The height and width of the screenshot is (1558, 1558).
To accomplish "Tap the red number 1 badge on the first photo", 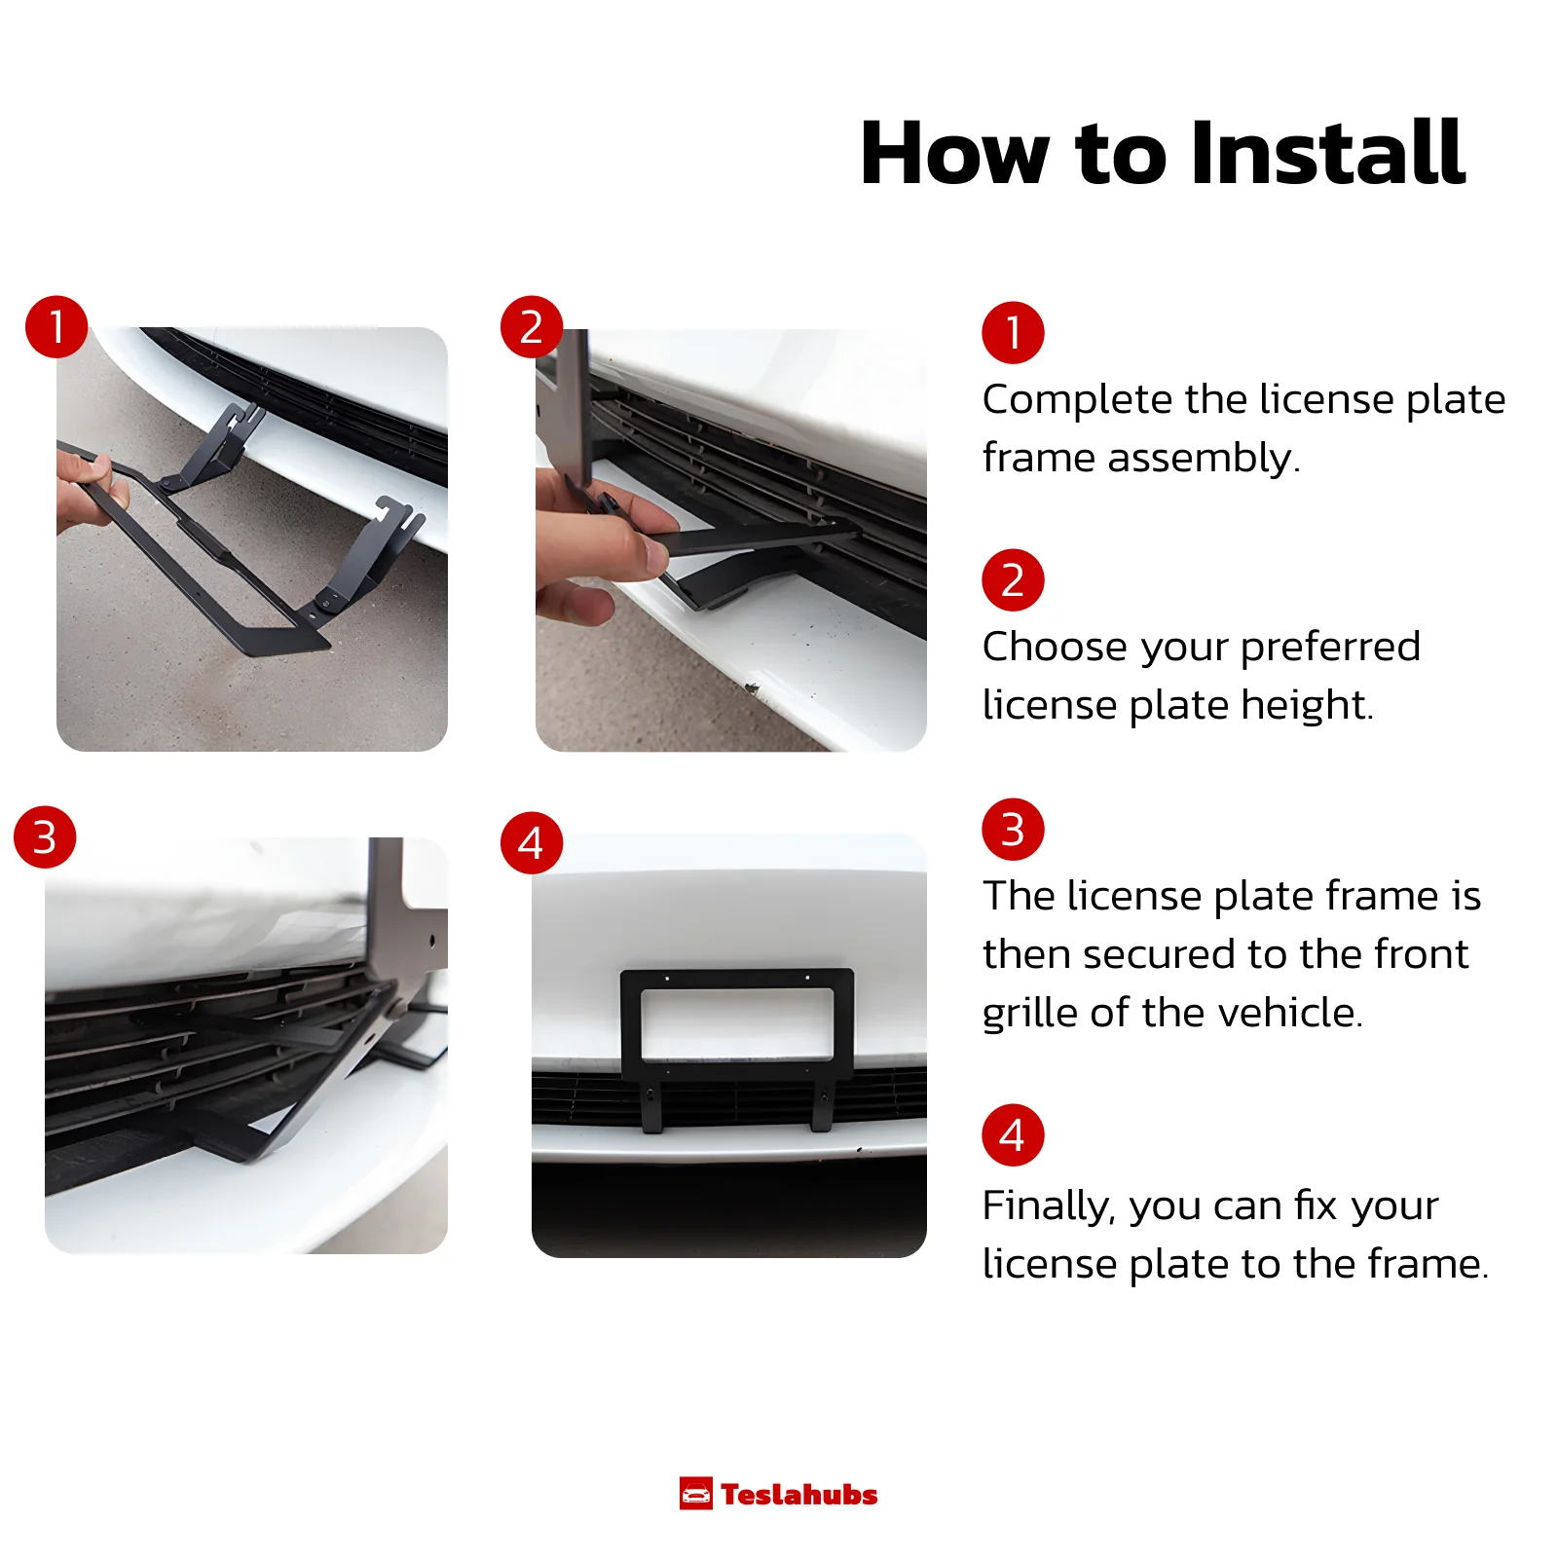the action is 56,326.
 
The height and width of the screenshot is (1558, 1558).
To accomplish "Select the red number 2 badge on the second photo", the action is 532,326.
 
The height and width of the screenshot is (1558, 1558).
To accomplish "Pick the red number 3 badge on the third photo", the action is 45,836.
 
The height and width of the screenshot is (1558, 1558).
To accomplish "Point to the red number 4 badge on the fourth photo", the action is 532,842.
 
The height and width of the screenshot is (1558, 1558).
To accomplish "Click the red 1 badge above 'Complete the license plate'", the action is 1013,332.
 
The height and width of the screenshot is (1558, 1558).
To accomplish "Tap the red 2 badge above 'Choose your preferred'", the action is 1013,580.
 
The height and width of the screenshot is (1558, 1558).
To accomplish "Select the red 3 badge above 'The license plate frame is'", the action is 1013,829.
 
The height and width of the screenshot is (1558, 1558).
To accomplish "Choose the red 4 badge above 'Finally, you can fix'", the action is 1013,1134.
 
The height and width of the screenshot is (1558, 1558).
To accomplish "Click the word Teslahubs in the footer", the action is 799,1495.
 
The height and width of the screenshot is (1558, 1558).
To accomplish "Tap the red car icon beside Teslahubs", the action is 696,1494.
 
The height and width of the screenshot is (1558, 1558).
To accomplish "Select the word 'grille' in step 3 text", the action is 1030,1014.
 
